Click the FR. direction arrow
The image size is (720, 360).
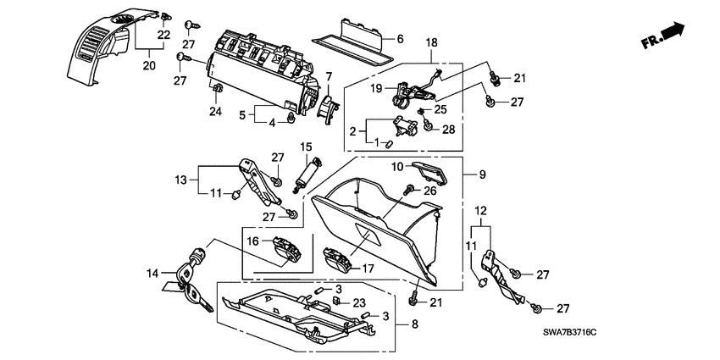click(x=671, y=32)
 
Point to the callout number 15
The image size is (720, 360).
click(x=306, y=147)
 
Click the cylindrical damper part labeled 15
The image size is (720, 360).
click(x=307, y=174)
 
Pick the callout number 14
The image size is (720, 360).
click(x=152, y=274)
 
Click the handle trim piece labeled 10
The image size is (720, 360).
click(x=433, y=174)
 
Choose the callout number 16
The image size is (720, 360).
click(x=252, y=241)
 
